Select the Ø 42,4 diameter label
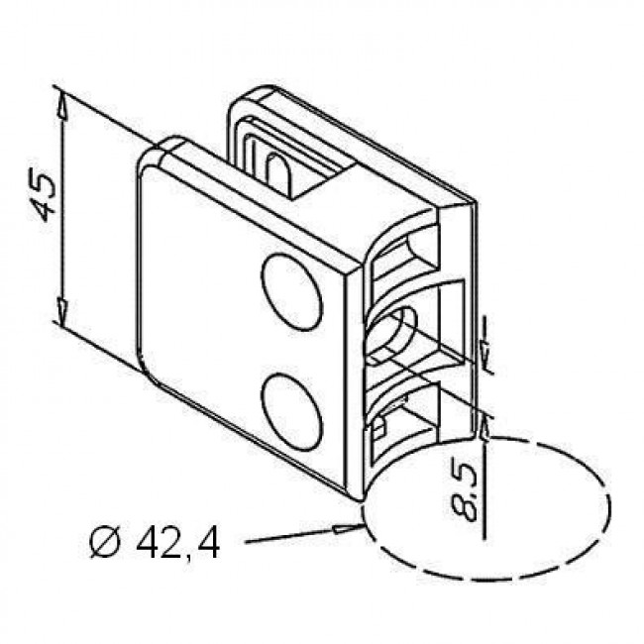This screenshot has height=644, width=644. coord(156,544)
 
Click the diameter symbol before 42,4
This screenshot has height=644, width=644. coord(105,545)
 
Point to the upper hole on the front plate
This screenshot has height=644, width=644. coord(292,292)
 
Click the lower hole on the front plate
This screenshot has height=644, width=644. coord(292,411)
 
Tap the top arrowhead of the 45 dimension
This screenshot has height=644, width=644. coord(62,105)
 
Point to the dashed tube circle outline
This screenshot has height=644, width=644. coord(609,507)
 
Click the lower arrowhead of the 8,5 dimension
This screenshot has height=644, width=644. coord(484,430)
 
